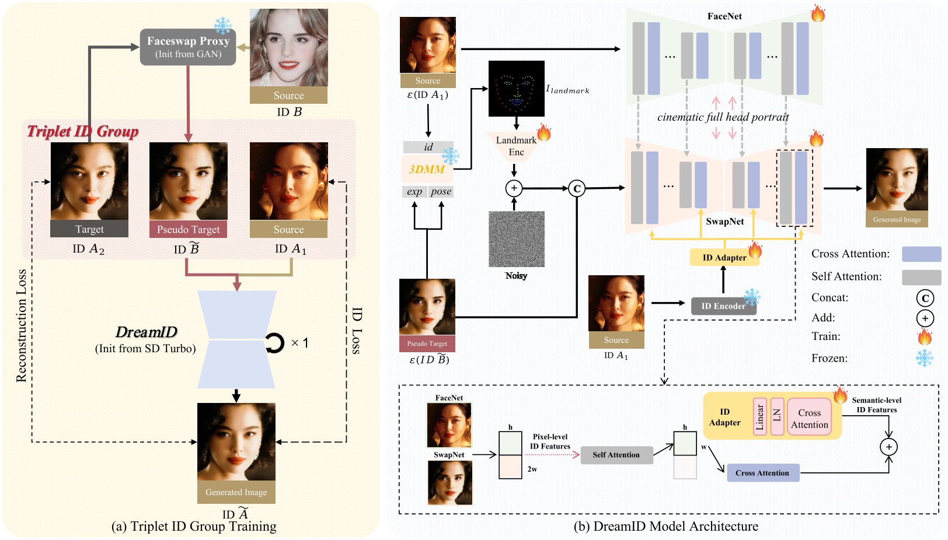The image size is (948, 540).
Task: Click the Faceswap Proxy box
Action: point(187,47)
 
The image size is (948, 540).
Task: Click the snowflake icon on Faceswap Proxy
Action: point(222,26)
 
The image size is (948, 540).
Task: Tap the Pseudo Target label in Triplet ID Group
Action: point(188,229)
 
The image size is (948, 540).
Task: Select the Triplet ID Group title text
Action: point(83,131)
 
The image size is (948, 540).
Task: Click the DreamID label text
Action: point(146,332)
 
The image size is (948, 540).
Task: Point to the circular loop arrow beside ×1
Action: point(274,343)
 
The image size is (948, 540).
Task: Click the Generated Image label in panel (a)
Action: point(236,492)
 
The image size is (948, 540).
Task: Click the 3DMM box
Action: point(427,169)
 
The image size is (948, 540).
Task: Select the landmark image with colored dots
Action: point(516,89)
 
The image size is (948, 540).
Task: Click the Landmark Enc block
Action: point(516,146)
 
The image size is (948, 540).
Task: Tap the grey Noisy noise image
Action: point(516,239)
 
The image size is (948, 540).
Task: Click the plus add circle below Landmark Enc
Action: point(514,188)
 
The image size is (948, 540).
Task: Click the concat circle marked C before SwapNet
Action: point(577,188)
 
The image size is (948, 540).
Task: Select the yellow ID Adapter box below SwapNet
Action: point(724,257)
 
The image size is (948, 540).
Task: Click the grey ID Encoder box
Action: point(723,306)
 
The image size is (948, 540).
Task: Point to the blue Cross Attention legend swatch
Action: point(921,254)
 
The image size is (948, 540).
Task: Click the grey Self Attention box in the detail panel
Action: point(616,455)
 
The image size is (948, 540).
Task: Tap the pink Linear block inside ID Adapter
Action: point(759,416)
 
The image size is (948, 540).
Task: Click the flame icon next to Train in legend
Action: point(925,336)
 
